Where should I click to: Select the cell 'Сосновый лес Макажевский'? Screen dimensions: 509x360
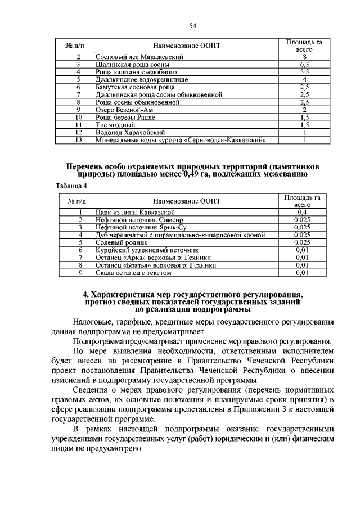point(132,57)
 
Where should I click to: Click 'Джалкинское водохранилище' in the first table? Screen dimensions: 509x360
point(135,80)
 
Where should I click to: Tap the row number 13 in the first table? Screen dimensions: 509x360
point(79,139)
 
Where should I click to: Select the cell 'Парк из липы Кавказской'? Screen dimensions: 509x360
point(130,212)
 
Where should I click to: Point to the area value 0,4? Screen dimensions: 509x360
point(304,212)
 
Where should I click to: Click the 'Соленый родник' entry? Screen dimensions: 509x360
point(119,242)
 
